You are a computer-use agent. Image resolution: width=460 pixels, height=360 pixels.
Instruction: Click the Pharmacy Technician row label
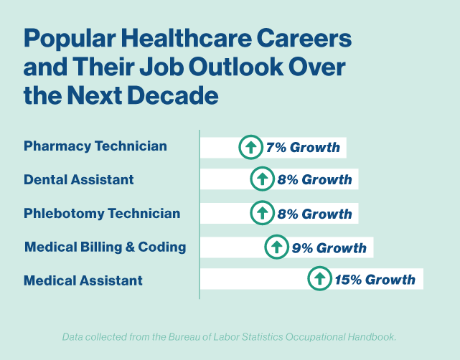coord(95,146)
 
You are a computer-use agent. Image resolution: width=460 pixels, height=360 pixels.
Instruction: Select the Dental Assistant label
coord(79,179)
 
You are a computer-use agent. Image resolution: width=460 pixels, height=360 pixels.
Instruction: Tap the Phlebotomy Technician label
coord(102,213)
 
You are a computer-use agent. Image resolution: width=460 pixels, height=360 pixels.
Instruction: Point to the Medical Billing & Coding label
coord(105,247)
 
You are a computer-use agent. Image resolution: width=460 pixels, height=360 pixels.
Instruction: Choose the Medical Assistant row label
coord(83,280)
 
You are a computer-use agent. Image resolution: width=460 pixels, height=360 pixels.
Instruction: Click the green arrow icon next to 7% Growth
coord(250,147)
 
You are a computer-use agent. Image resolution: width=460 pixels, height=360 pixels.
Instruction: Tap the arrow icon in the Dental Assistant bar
coord(262,179)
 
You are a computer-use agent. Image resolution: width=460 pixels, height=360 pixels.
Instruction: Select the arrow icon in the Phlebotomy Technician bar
coord(262,212)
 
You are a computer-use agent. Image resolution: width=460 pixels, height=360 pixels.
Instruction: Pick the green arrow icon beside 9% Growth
coord(276,247)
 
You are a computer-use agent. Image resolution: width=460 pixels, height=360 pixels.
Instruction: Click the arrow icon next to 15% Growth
coord(319,279)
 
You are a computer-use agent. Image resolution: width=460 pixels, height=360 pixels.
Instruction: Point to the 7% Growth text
coord(303,148)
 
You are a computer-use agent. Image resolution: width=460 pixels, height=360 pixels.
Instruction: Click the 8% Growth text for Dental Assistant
coord(314,179)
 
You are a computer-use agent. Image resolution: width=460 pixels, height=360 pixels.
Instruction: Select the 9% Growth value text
coord(329,248)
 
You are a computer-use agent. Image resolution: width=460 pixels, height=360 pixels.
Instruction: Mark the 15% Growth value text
coord(375,280)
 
